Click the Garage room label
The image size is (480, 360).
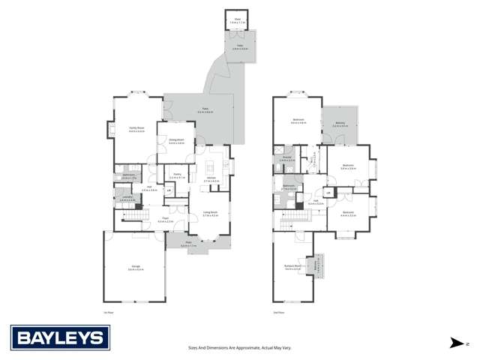pos(136,268)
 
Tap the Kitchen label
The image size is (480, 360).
pos(211,180)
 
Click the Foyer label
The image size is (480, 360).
pos(166,220)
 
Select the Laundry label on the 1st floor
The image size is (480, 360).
pos(126,199)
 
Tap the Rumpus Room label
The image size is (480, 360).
pos(292,267)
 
